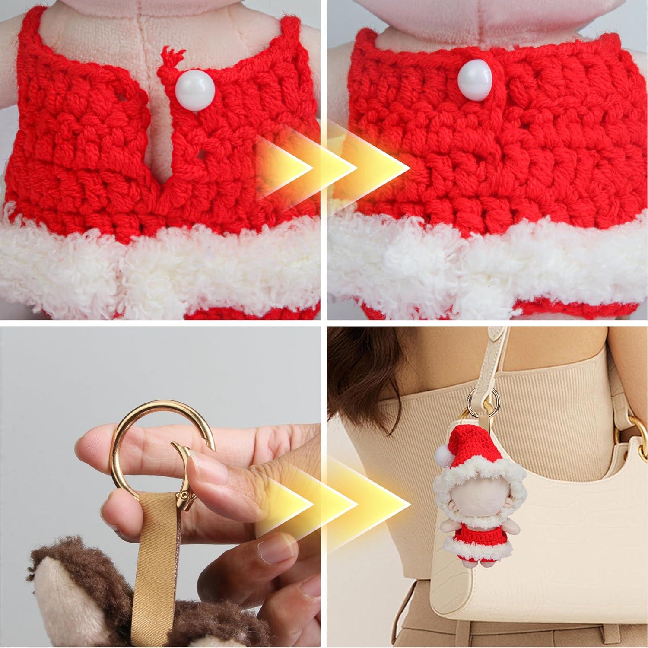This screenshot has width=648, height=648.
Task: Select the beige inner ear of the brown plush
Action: tap(48, 613)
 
